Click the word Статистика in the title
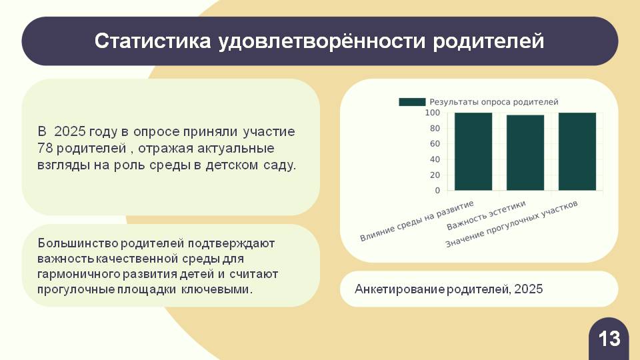[153, 41]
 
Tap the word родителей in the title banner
[489, 41]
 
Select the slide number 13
[609, 339]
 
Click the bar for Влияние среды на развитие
[473, 151]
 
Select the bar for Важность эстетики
[525, 153]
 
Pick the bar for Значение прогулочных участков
[577, 151]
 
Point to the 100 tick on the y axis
[433, 113]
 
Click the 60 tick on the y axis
[435, 144]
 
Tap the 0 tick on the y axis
[437, 191]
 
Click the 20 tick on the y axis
[435, 175]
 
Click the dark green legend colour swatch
[412, 102]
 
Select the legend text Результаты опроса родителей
[493, 102]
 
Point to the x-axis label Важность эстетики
[486, 215]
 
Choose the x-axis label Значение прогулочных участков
[511, 224]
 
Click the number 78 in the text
[45, 148]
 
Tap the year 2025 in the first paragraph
[70, 131]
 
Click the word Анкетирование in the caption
[399, 289]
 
